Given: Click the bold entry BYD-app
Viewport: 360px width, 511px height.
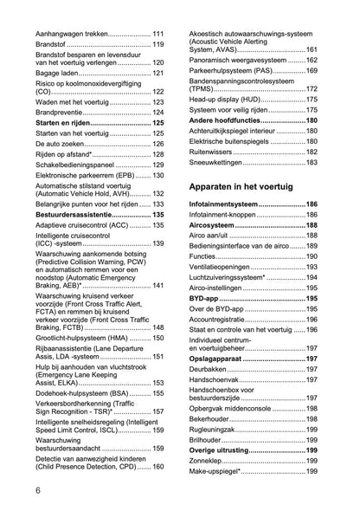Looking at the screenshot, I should tap(205, 297).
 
